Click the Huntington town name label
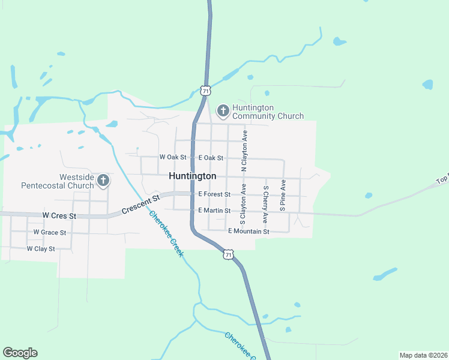[x=192, y=176]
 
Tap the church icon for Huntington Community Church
[x=223, y=110]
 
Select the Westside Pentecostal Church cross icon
[x=103, y=179]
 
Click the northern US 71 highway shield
[x=206, y=91]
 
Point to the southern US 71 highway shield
[x=227, y=254]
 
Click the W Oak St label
[x=173, y=157]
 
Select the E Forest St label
[x=214, y=194]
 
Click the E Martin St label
[x=214, y=211]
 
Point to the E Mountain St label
[x=249, y=231]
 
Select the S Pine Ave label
[x=283, y=194]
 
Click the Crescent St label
[x=140, y=204]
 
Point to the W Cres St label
[x=59, y=215]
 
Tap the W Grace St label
[x=49, y=232]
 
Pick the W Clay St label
[x=41, y=248]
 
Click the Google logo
[x=20, y=353]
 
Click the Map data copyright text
[x=423, y=355]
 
